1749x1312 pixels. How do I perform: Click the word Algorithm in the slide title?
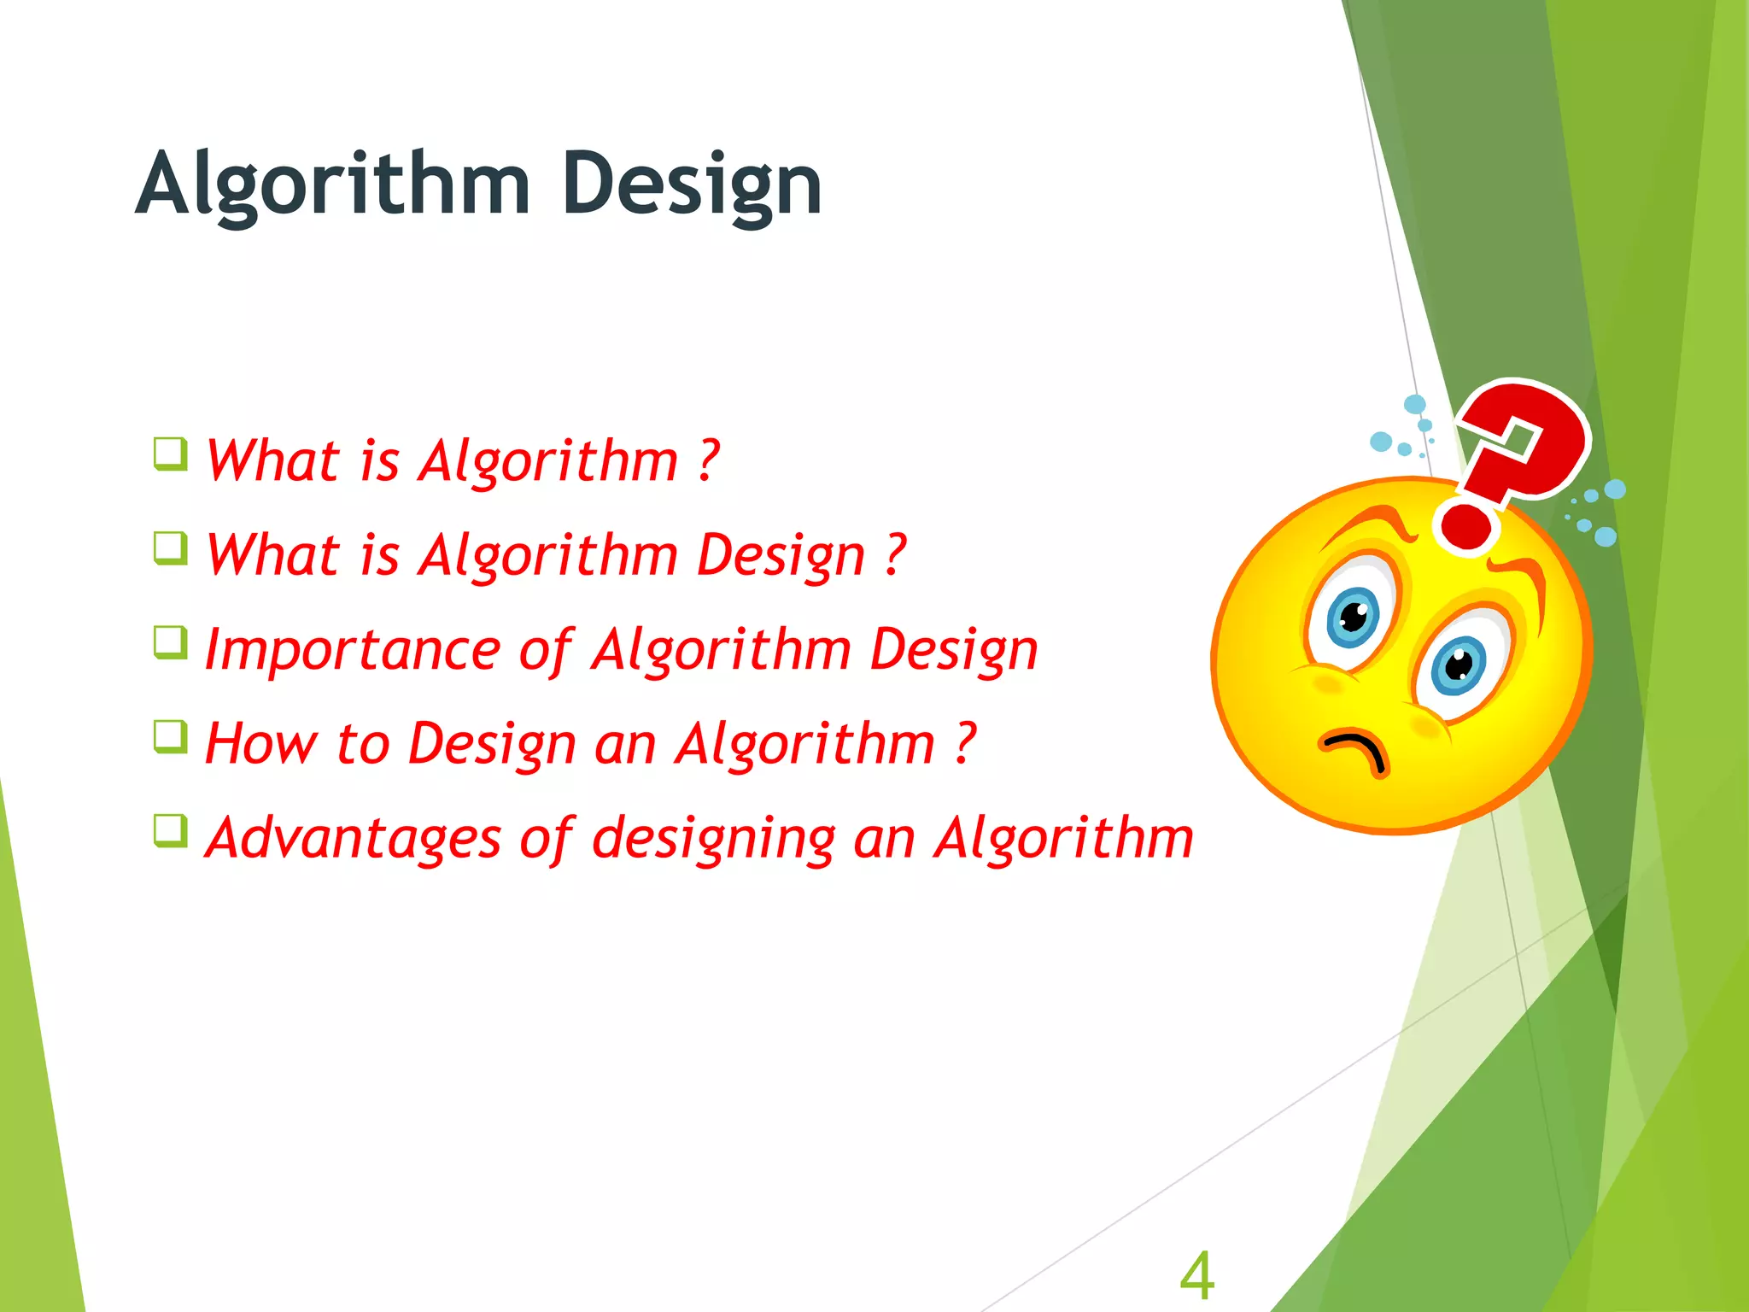[x=333, y=184]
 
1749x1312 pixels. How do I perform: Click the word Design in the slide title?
[x=692, y=184]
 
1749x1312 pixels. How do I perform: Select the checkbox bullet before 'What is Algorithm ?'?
[x=171, y=454]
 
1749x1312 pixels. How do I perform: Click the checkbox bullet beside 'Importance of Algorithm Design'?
[x=171, y=642]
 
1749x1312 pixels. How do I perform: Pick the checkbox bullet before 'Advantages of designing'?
[x=171, y=830]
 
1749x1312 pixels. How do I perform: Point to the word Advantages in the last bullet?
[x=353, y=839]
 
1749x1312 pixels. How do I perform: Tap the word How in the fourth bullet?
[x=260, y=743]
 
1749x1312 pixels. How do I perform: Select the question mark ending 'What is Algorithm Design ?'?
[x=893, y=555]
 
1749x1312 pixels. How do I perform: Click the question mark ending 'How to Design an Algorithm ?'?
[x=963, y=743]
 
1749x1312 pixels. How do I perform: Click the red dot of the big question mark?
[x=1465, y=525]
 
